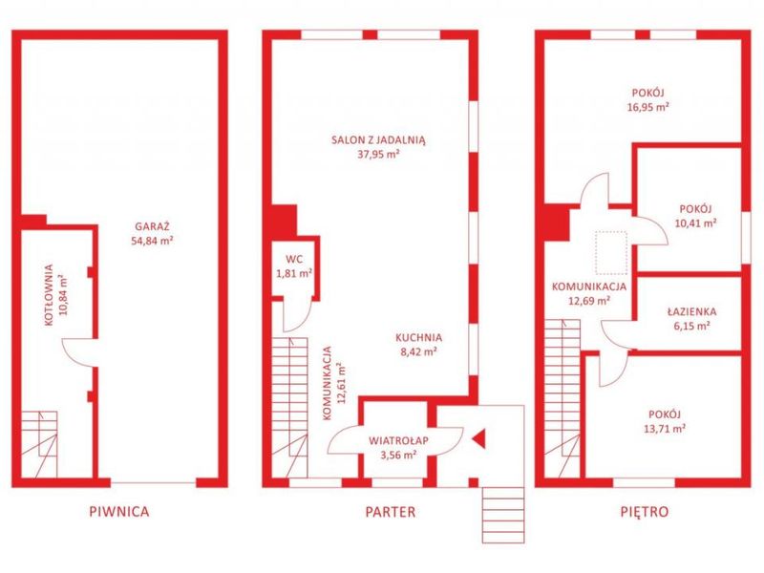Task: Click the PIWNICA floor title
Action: coord(119,511)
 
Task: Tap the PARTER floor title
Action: coord(391,512)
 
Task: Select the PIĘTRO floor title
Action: coord(645,512)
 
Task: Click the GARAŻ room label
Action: coord(152,226)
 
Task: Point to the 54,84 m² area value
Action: coord(152,241)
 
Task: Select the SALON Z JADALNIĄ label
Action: coord(378,139)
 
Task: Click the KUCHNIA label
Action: coord(418,337)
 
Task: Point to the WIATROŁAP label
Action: coord(398,440)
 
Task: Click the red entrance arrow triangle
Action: coord(478,438)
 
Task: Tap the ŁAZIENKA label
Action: coord(691,311)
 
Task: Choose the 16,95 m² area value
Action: coord(648,107)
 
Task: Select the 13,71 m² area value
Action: coord(665,428)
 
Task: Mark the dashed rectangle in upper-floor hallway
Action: coord(611,253)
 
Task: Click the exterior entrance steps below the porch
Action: coord(503,515)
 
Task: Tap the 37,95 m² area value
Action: coord(378,155)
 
